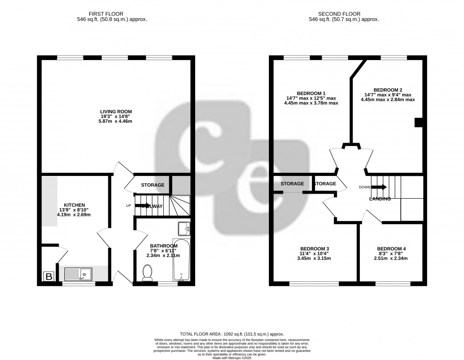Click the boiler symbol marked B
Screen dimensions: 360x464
coord(48,276)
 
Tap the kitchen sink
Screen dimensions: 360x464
coord(78,274)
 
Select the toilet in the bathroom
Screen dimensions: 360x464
coord(147,272)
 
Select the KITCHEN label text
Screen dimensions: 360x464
coord(74,205)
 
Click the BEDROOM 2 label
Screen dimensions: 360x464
coord(388,90)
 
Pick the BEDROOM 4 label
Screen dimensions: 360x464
coord(391,249)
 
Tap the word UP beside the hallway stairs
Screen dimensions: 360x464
coord(129,205)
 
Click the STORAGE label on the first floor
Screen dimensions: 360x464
coord(152,185)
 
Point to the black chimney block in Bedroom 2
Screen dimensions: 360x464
coord(418,122)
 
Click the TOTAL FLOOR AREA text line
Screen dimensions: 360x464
coord(232,334)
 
